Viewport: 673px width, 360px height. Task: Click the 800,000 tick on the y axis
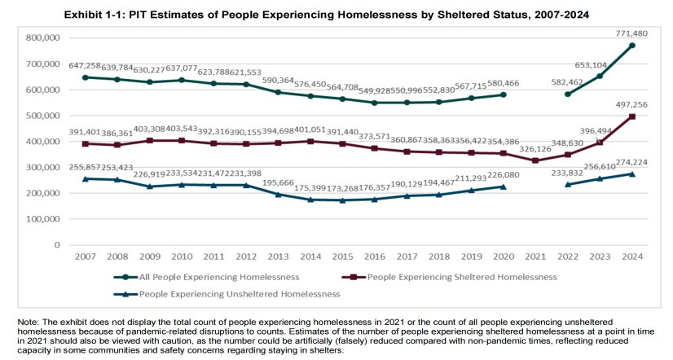point(44,37)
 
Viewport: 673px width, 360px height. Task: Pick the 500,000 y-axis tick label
point(44,116)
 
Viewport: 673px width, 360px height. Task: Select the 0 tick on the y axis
point(57,244)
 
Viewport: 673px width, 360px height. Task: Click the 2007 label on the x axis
point(86,258)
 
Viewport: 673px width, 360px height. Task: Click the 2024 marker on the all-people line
point(632,46)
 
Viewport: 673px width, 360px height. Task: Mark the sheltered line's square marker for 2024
point(632,116)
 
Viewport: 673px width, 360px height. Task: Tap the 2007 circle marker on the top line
point(86,77)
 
